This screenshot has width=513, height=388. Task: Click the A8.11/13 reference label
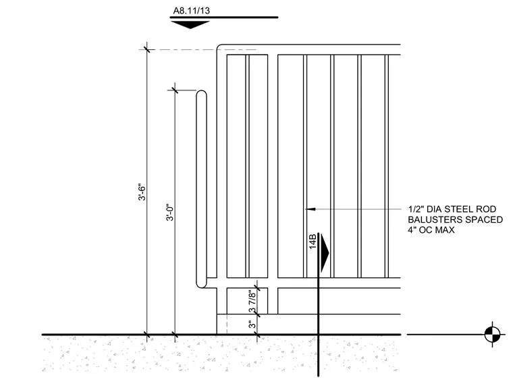tap(192, 11)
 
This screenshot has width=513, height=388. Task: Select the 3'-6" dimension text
tap(142, 192)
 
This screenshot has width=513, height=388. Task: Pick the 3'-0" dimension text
tap(170, 213)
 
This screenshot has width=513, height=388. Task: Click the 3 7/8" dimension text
tap(252, 302)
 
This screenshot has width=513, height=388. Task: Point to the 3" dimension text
tap(252, 324)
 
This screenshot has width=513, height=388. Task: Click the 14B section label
tap(313, 242)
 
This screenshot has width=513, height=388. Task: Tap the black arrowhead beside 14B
tap(325, 252)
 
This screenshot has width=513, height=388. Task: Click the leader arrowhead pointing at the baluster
tap(310, 209)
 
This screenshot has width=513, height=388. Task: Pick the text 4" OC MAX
tap(431, 230)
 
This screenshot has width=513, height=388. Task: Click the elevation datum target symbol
tap(492, 334)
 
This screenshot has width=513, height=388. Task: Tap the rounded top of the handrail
tap(202, 92)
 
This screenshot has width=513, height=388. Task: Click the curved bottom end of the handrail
tap(201, 285)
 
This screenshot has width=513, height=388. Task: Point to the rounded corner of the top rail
tap(219, 46)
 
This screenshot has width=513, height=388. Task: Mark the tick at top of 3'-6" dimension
tap(147, 50)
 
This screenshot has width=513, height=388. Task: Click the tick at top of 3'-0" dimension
tap(175, 90)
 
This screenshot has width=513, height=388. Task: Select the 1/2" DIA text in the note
tap(425, 209)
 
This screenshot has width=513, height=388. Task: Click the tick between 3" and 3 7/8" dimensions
tap(257, 314)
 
